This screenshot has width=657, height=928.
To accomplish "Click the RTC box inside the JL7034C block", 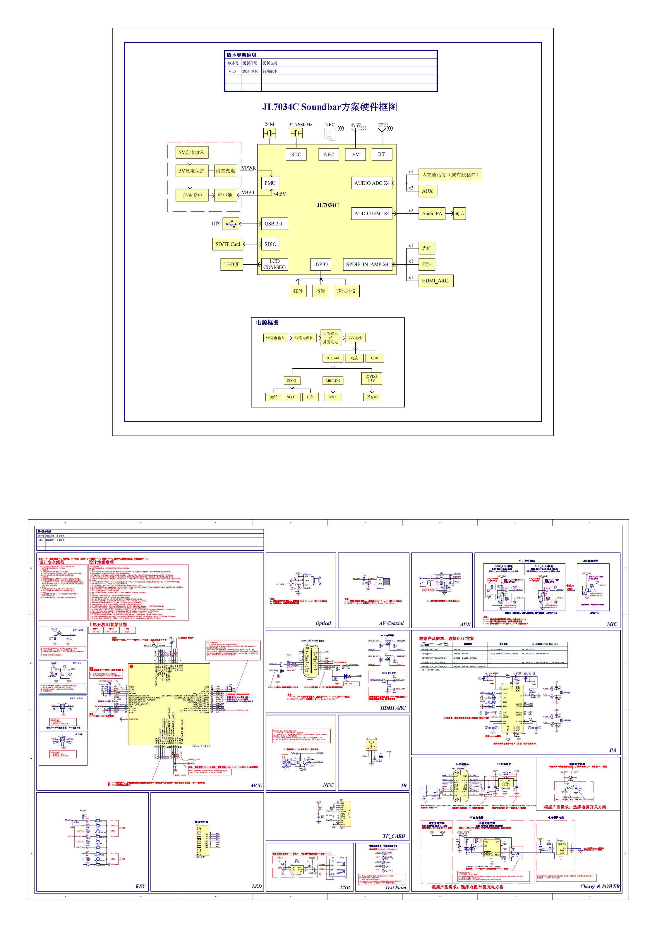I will (x=296, y=154).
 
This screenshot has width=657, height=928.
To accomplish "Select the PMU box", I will (x=270, y=183).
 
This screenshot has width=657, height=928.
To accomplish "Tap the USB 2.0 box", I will (x=273, y=223).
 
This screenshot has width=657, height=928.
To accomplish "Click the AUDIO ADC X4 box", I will (x=372, y=183).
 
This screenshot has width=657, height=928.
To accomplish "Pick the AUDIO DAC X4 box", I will (x=372, y=213).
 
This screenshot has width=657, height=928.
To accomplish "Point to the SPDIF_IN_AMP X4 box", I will (x=367, y=264).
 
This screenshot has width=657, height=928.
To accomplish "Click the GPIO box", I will (x=321, y=264).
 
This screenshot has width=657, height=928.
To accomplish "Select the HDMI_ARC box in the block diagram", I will (x=435, y=281).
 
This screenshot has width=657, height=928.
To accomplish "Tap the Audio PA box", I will (x=432, y=213).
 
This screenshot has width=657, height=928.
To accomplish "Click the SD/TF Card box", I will (x=228, y=244).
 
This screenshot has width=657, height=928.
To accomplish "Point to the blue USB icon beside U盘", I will (x=231, y=223).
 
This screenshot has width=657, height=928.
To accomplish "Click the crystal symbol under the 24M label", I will (x=270, y=133).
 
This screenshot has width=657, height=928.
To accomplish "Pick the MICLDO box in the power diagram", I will (x=332, y=380).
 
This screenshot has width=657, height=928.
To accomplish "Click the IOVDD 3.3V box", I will (x=371, y=378).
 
